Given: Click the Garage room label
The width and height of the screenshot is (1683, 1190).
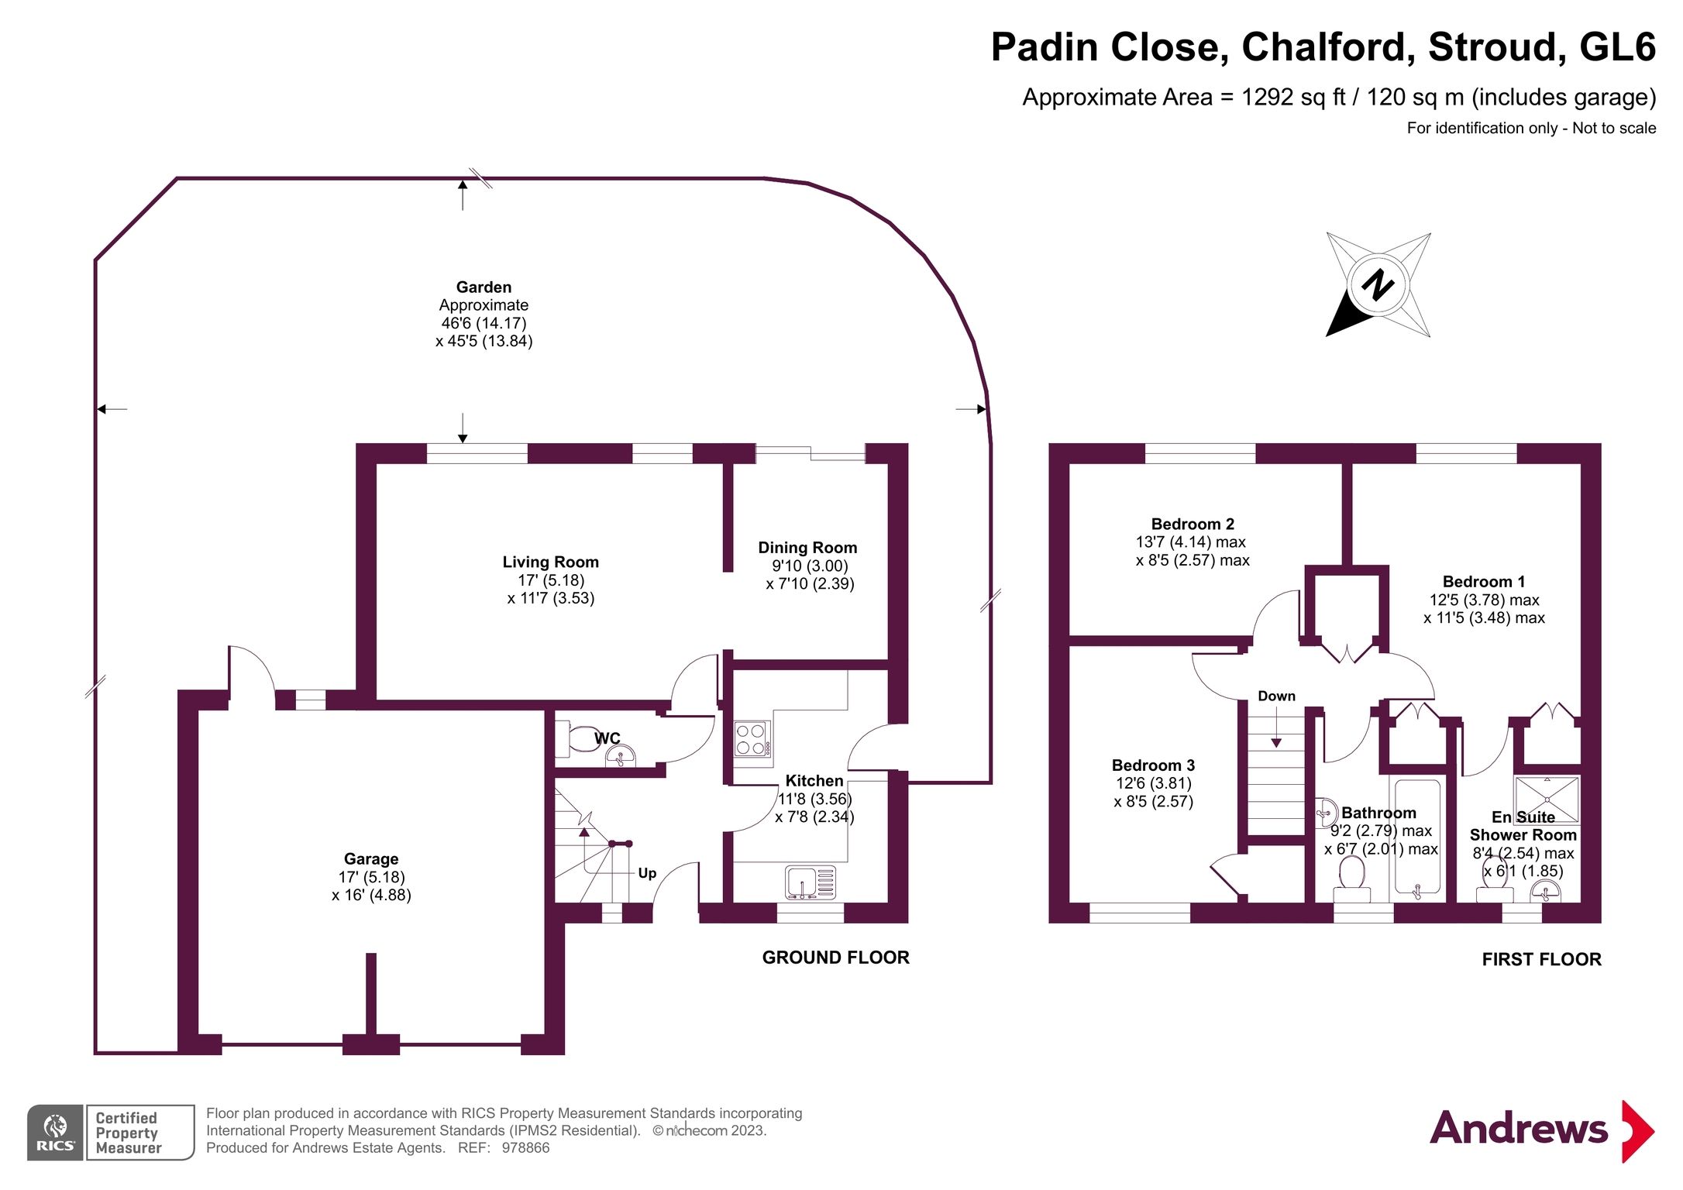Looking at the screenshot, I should click(371, 858).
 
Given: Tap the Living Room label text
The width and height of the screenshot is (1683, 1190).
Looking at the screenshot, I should click(550, 562).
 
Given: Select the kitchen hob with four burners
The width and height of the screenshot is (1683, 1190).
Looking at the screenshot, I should click(752, 738).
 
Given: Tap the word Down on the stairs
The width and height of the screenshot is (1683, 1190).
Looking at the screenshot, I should click(1276, 696).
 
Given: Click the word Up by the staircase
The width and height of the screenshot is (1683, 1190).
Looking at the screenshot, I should click(647, 873).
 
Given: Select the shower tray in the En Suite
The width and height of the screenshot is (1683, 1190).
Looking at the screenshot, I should click(1547, 799).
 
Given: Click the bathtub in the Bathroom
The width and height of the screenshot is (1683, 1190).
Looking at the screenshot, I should click(1417, 841).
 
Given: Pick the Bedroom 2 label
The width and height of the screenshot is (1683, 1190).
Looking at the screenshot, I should click(1193, 524).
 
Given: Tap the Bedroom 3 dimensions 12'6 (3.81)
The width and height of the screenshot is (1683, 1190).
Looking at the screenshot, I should click(1153, 783).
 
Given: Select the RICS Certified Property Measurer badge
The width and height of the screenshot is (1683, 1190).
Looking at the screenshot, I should click(111, 1132).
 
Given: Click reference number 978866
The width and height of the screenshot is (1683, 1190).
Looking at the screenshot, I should click(525, 1148).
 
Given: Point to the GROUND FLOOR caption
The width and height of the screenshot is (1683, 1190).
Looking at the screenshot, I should click(835, 958).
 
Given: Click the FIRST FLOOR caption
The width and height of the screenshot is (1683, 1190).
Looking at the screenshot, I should click(1541, 960).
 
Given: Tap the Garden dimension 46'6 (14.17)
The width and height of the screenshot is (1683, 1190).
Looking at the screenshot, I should click(484, 323).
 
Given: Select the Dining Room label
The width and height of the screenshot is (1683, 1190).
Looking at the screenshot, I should click(807, 547).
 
